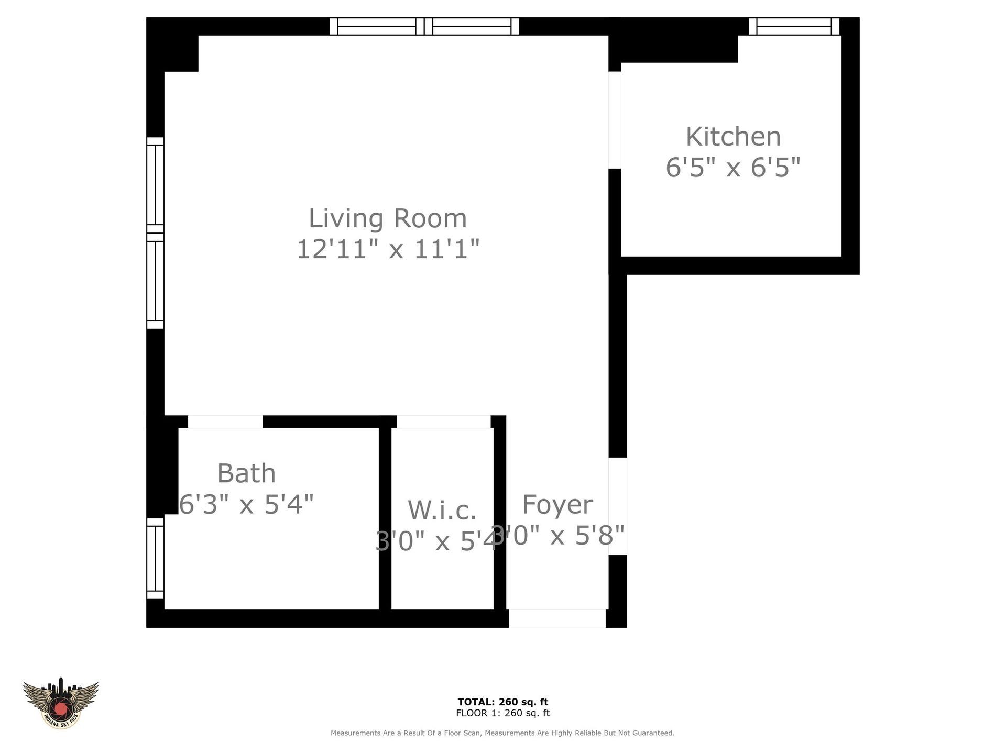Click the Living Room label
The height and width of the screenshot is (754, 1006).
point(387,218)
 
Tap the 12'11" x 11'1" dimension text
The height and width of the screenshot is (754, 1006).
point(387,249)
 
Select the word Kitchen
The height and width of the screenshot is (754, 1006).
point(733,137)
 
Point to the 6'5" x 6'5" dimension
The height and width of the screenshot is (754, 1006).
point(733,168)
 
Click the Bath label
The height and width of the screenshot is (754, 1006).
point(246,473)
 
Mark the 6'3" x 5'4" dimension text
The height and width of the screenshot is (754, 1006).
point(246,505)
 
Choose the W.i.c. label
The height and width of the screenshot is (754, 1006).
point(442,510)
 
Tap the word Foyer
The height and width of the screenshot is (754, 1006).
point(557,505)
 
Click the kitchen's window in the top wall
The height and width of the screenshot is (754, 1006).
point(794,26)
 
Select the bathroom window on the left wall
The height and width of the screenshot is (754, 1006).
point(155,558)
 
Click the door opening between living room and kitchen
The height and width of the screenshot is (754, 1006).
point(615,120)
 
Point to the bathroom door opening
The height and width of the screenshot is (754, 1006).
point(225,422)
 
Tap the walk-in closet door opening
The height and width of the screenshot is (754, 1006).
point(443,422)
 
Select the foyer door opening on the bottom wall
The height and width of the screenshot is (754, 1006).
point(557,618)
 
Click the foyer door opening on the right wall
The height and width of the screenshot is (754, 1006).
point(618,506)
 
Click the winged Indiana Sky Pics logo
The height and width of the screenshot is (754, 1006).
point(61,702)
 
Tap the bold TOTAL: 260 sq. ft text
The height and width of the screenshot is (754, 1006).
point(502,702)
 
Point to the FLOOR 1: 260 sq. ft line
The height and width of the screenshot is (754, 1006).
point(502,713)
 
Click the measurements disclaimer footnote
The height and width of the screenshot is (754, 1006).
point(502,733)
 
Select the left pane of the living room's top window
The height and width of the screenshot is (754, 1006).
point(376,26)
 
